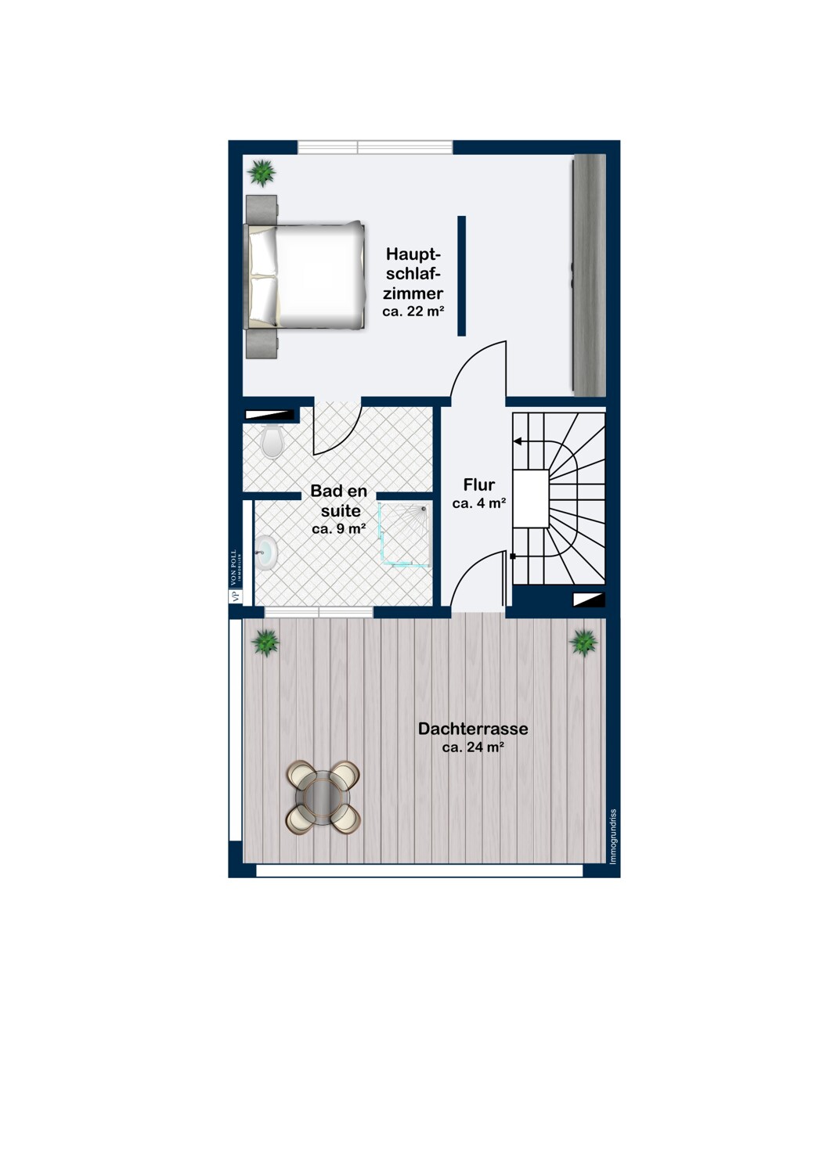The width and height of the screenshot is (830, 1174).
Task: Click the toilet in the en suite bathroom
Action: pyautogui.click(x=272, y=441)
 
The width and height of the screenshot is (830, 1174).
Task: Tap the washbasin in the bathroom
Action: pyautogui.click(x=266, y=551)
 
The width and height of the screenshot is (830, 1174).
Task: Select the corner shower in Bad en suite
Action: pyautogui.click(x=406, y=534)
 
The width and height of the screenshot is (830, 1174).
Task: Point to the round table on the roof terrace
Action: pyautogui.click(x=323, y=796)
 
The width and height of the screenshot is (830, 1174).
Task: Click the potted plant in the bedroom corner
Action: pyautogui.click(x=261, y=171)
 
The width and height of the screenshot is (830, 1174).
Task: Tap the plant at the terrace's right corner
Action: pyautogui.click(x=583, y=643)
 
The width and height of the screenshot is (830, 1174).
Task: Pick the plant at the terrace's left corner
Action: pyautogui.click(x=265, y=643)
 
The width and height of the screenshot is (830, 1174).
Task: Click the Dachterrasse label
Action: pyautogui.click(x=473, y=729)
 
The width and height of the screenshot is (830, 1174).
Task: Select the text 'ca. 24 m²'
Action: pyautogui.click(x=473, y=747)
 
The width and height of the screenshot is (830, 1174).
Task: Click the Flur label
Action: pyautogui.click(x=478, y=484)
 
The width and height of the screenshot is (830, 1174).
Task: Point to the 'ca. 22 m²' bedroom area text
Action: pyautogui.click(x=413, y=312)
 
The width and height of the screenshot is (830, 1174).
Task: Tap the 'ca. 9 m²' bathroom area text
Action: pyautogui.click(x=339, y=529)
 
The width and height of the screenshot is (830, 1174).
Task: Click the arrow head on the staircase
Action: pyautogui.click(x=518, y=441)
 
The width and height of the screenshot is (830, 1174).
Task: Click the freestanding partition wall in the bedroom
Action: pyautogui.click(x=462, y=275)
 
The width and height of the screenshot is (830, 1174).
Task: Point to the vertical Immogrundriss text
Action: pyautogui.click(x=613, y=837)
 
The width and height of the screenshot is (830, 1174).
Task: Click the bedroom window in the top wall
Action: pyautogui.click(x=375, y=147)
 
